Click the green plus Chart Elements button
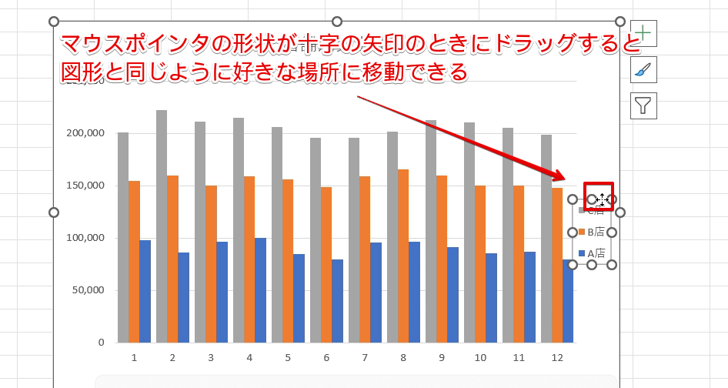point(643,33)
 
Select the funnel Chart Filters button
point(643,105)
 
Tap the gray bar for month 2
point(162,223)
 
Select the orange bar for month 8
point(403,254)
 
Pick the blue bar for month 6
point(337,301)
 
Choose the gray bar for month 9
point(431,231)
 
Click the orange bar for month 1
point(134,261)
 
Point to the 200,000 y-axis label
point(85,133)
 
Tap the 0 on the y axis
point(101,343)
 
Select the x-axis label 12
point(557,358)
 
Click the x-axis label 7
point(365,358)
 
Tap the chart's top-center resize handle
point(337,22)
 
